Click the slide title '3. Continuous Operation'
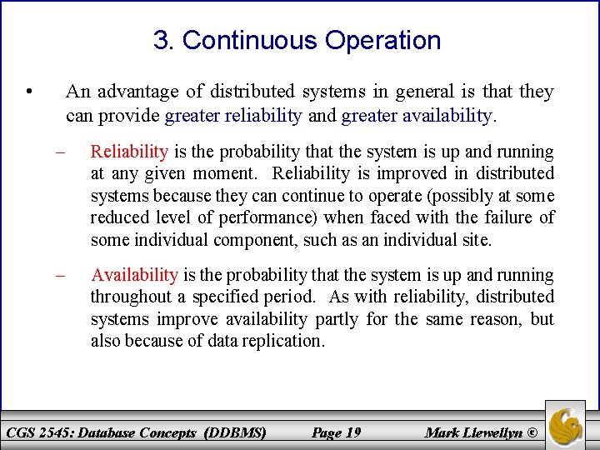(297, 40)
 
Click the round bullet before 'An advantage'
(29, 92)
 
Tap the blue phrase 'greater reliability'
(233, 115)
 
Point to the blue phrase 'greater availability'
(417, 115)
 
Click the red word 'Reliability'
(129, 152)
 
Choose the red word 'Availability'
(134, 275)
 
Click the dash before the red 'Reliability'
(60, 152)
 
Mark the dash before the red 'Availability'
(60, 275)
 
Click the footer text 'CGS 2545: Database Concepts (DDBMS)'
(136, 432)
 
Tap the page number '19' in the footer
(352, 432)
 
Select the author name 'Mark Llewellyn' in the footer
(473, 432)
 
